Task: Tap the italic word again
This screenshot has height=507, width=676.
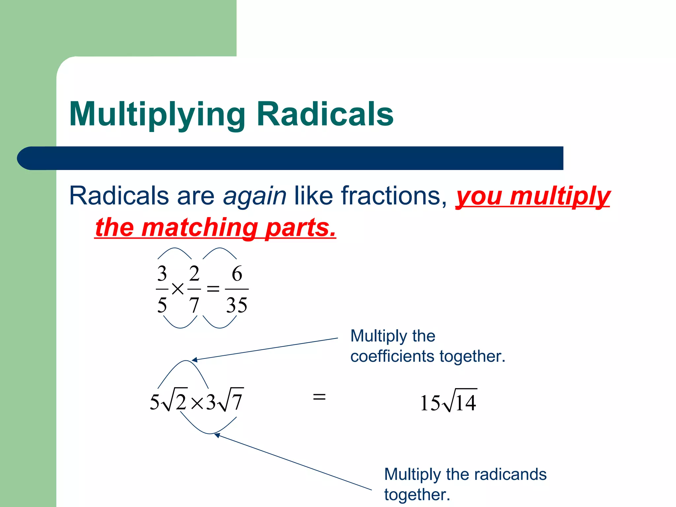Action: click(x=254, y=196)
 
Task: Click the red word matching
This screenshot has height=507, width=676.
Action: click(x=200, y=227)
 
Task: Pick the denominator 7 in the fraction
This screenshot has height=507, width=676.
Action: click(x=194, y=305)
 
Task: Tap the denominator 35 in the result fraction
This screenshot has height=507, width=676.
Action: click(x=236, y=305)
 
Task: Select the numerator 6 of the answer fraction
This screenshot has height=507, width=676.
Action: click(x=237, y=274)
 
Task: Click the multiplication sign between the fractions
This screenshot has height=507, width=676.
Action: click(x=178, y=289)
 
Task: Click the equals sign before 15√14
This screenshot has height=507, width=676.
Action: click(x=319, y=396)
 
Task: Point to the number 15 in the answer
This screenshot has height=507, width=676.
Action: click(x=430, y=403)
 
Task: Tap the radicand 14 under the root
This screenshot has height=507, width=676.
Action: click(x=465, y=403)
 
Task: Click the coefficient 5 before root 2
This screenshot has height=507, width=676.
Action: click(x=154, y=402)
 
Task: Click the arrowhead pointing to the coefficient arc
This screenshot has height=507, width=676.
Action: click(x=194, y=360)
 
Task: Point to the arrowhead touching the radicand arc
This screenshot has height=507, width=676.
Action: click(x=217, y=435)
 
